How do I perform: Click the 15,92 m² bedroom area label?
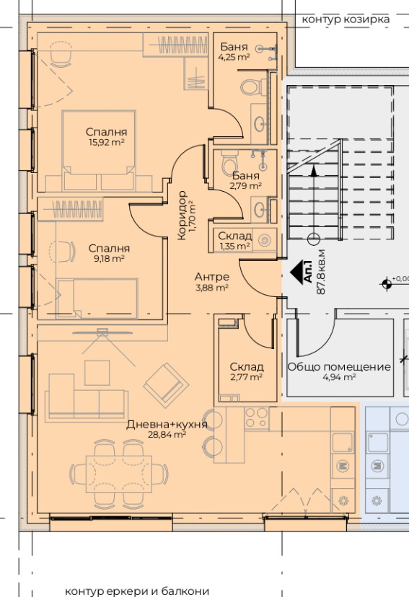[x=106, y=142]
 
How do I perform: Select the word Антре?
[x=212, y=277]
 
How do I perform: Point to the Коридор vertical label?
[x=182, y=216]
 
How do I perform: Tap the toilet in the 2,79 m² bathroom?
[x=229, y=162]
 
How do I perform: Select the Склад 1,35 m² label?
[x=234, y=241]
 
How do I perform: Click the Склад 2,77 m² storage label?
[x=247, y=371]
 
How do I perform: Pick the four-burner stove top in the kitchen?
[x=256, y=417]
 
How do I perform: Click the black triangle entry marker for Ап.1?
[x=296, y=272]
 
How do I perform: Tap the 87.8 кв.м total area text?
[x=321, y=272]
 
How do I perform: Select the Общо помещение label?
[x=339, y=367]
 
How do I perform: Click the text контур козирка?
[x=346, y=19]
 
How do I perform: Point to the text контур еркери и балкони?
[x=137, y=591]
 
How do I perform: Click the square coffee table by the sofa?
[x=97, y=372]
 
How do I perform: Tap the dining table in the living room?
[x=119, y=474]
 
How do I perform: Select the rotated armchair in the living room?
[x=166, y=385]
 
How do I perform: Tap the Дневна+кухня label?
[x=167, y=424]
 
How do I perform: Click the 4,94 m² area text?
[x=339, y=377]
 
